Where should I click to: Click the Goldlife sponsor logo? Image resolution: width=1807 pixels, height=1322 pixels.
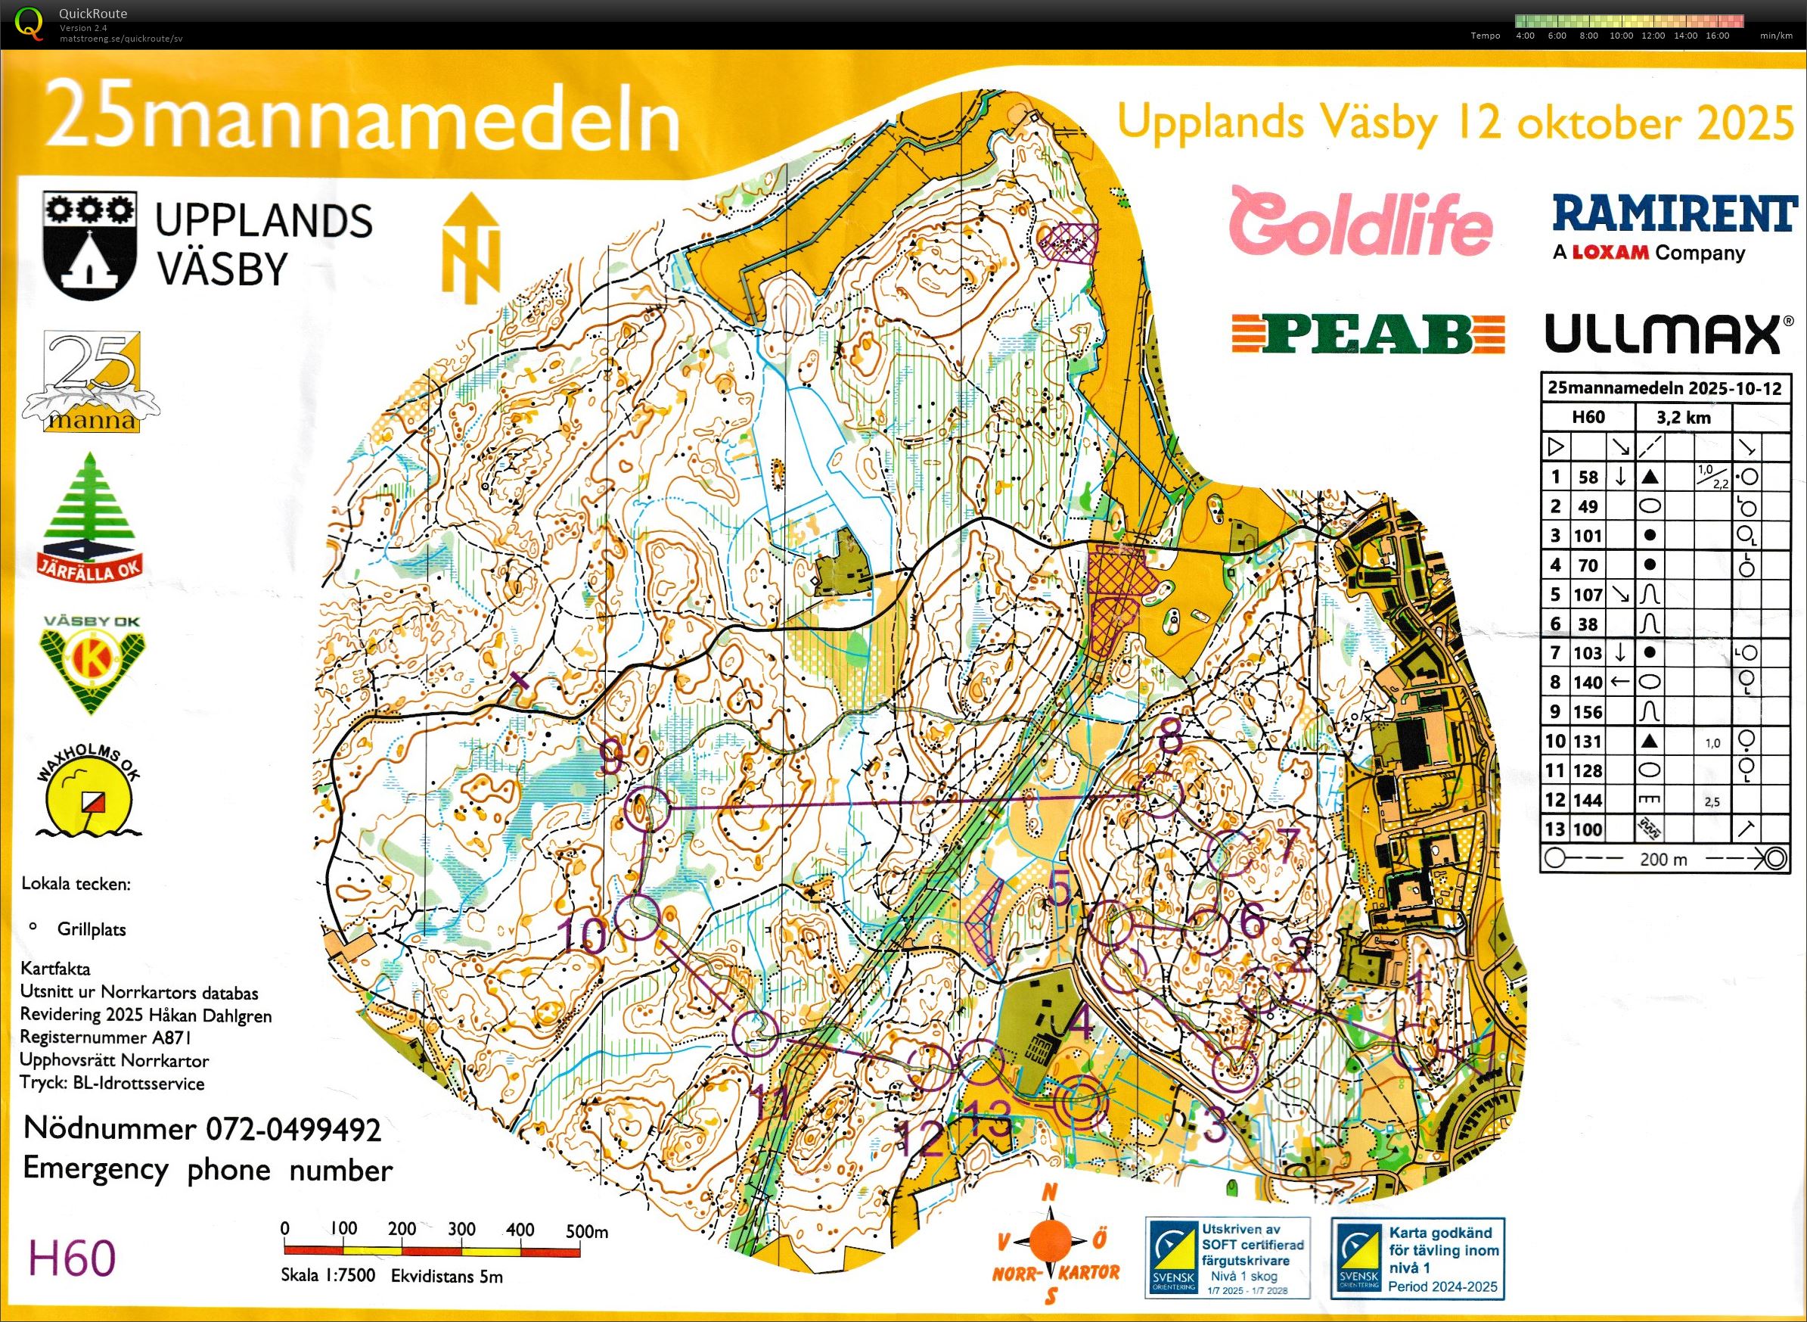tap(1360, 222)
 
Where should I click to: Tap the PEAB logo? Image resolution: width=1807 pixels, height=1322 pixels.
tap(1368, 334)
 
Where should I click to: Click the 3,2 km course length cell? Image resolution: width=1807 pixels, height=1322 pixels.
tap(1683, 417)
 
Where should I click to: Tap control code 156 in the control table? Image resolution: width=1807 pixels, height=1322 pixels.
tap(1588, 712)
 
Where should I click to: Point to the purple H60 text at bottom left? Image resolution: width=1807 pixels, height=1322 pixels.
tap(72, 1258)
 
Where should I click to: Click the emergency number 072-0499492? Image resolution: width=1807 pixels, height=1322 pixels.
tap(293, 1129)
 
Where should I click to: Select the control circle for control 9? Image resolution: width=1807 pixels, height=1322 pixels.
tap(646, 808)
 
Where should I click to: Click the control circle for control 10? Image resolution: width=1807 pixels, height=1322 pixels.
tap(637, 917)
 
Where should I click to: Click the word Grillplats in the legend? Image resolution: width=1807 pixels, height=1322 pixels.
tap(92, 929)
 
